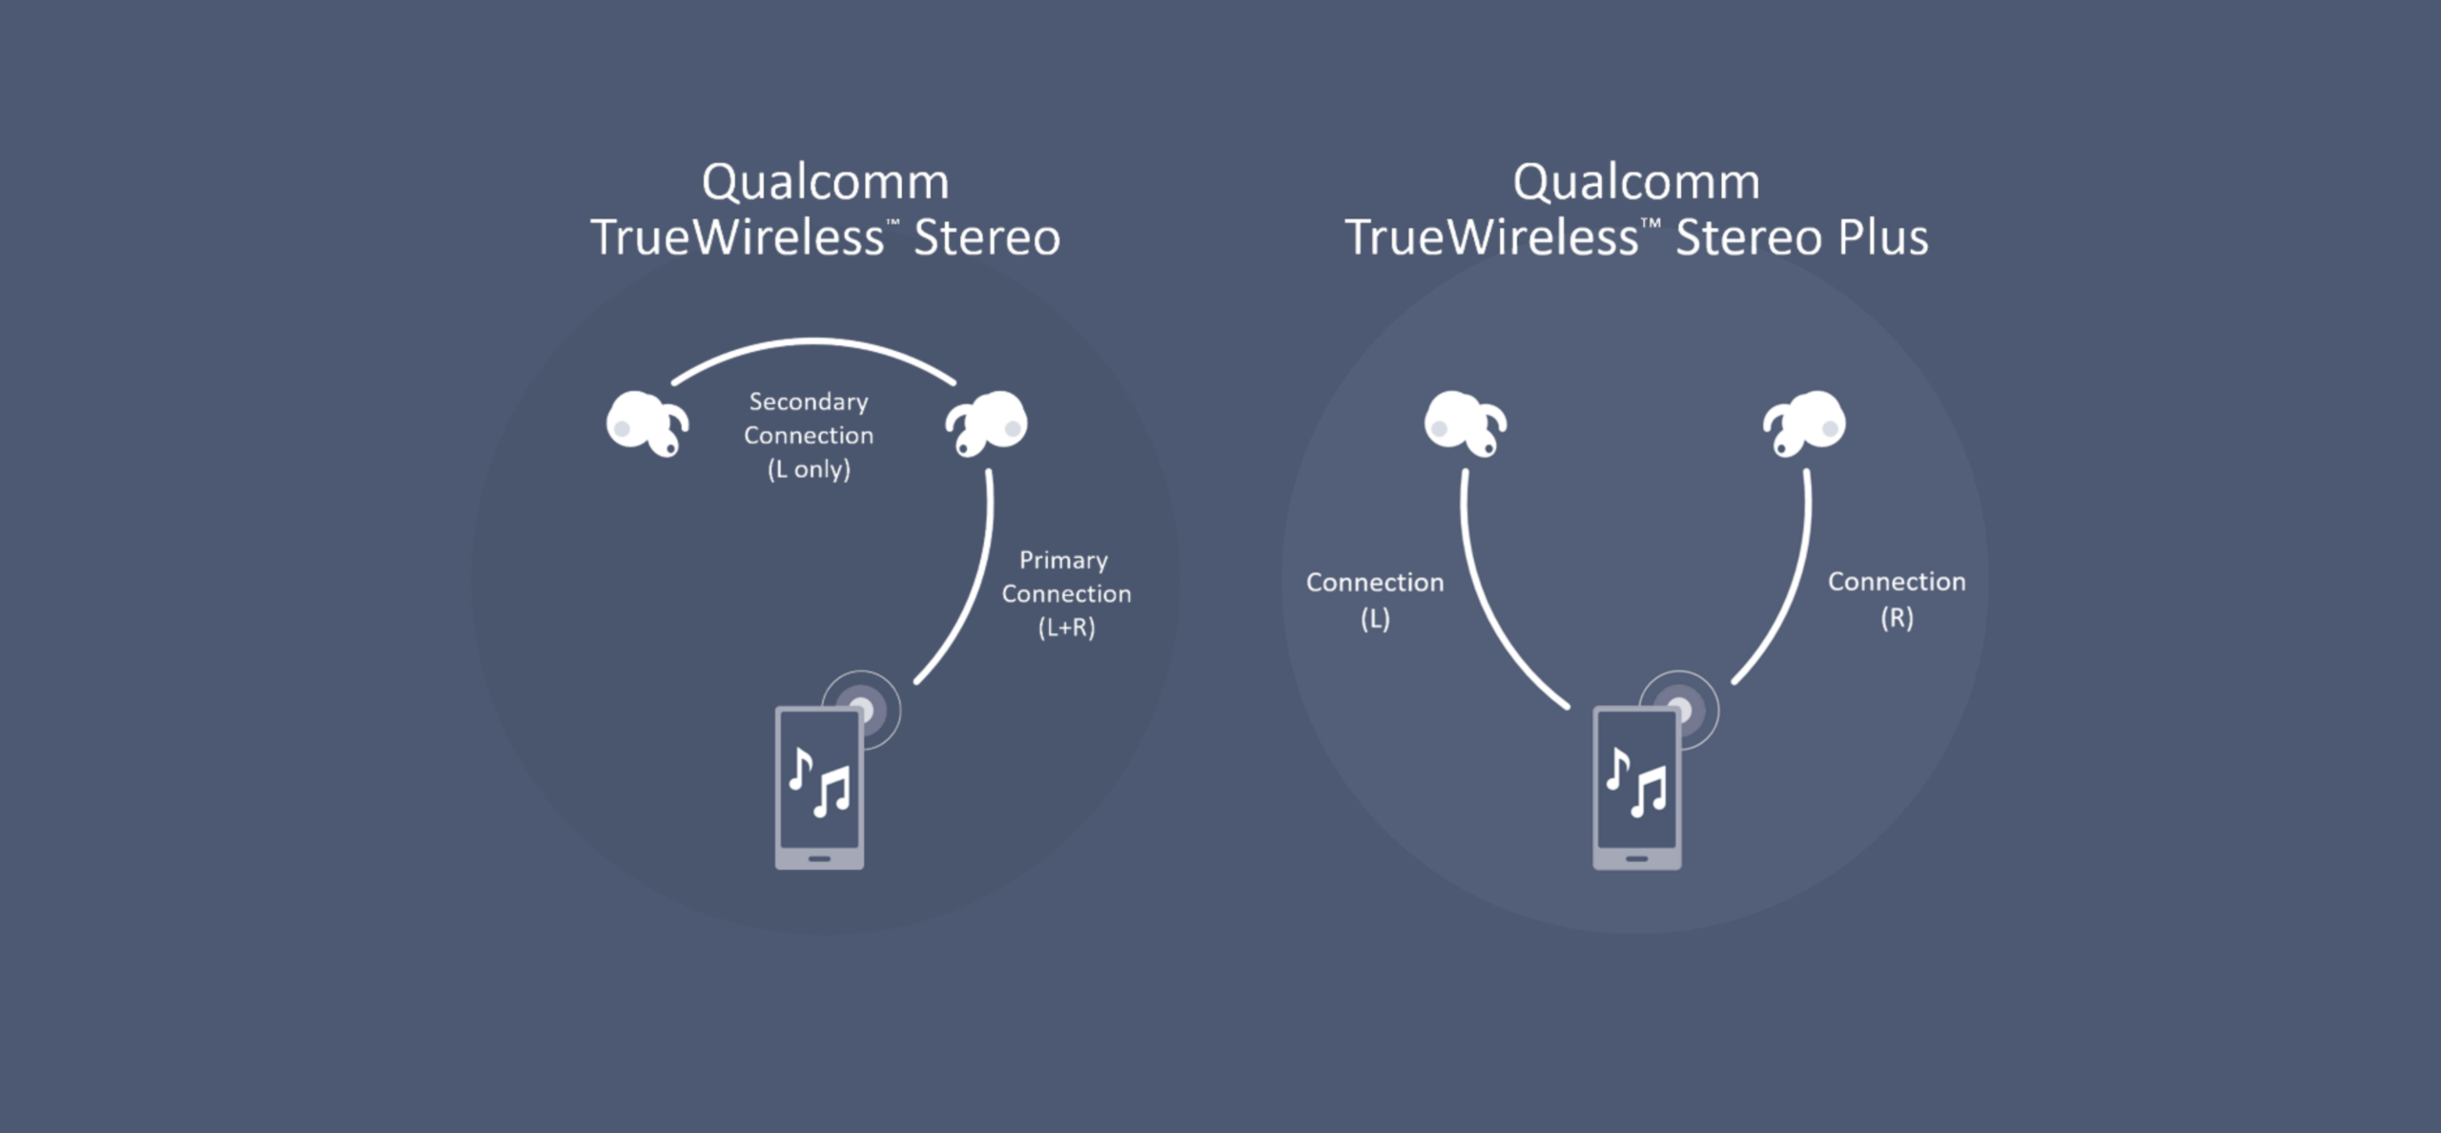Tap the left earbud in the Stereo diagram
coord(645,422)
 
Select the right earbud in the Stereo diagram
coord(988,422)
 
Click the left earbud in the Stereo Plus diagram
coord(1463,422)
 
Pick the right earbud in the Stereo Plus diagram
coord(1805,422)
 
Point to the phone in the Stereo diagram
coord(819,788)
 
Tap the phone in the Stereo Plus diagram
coord(1636,788)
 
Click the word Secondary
coord(809,402)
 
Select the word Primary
coord(1063,560)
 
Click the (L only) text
coord(809,469)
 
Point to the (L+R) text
coord(1066,628)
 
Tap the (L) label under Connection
coord(1374,619)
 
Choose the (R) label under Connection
coord(1897,618)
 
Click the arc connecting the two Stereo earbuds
coord(813,340)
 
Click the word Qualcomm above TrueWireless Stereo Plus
coord(1636,181)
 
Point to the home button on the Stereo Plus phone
coord(1636,858)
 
